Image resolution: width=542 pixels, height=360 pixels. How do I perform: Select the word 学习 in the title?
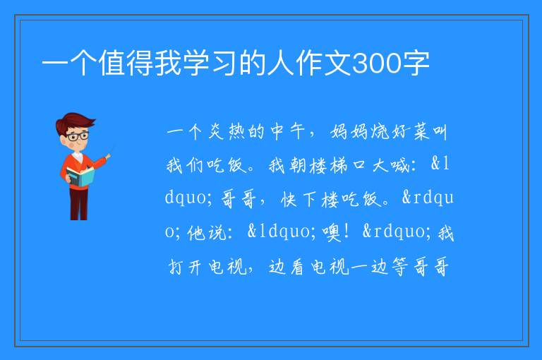point(197,63)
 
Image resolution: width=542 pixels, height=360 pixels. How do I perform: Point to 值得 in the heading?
point(126,63)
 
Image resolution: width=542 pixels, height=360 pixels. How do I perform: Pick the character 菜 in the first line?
point(421,131)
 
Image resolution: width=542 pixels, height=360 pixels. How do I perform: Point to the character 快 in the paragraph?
point(289,198)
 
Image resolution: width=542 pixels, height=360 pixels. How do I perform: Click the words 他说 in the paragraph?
point(206,232)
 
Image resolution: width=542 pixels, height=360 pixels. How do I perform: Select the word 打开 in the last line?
point(185,267)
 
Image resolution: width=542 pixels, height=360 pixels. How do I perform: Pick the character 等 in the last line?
point(400,267)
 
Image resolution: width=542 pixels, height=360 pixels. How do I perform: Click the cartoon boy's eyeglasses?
point(78,136)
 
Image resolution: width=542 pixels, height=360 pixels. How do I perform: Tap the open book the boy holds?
point(80,176)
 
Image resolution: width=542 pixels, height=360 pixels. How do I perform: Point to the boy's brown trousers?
point(78,204)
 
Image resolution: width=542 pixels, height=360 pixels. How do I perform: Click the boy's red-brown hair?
point(74,121)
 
